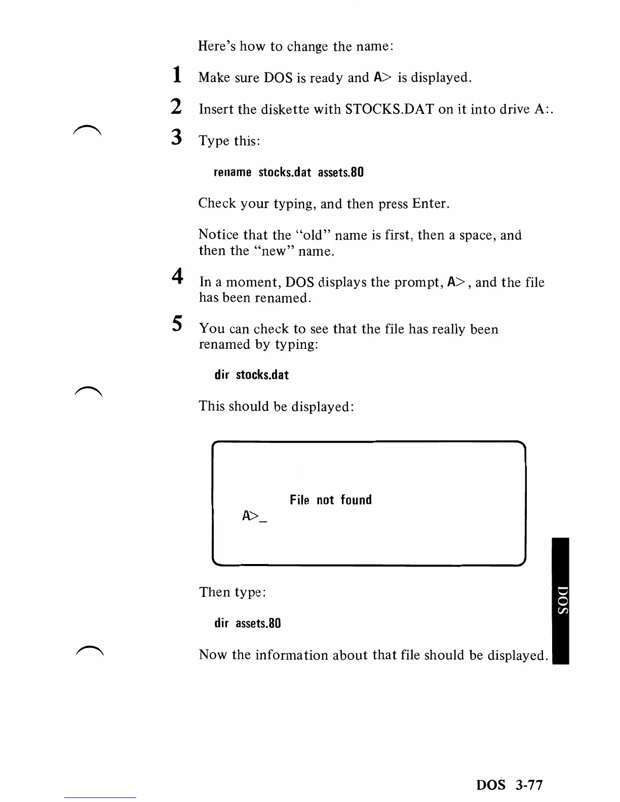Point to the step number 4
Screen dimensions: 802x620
tap(176, 276)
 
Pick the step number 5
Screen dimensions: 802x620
tap(176, 323)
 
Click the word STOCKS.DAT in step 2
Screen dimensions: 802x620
tap(389, 109)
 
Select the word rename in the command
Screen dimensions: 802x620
tap(232, 172)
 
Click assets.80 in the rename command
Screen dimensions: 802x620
tap(341, 172)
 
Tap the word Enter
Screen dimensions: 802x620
tap(430, 204)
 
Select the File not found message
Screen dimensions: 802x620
tap(331, 500)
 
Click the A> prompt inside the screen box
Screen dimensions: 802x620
tap(250, 516)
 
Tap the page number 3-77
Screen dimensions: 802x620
tap(529, 785)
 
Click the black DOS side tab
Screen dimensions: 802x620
tap(561, 600)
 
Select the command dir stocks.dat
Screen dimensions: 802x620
tap(252, 375)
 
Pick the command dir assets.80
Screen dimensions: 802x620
tap(247, 623)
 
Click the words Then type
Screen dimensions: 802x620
tap(232, 592)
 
